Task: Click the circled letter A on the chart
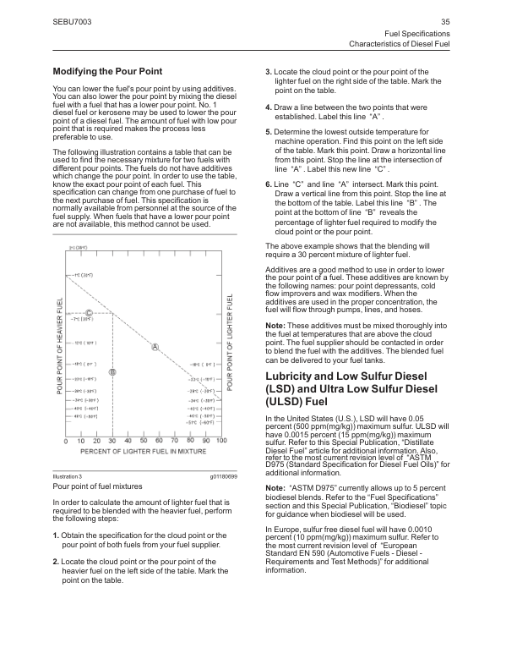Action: coord(155,347)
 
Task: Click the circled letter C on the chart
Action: coord(89,315)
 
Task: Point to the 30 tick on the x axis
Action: coord(112,441)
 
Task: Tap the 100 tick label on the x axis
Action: coord(221,441)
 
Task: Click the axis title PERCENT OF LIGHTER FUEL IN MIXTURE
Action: coord(144,452)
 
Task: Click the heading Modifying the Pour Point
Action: coord(107,71)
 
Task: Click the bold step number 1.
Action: coord(55,536)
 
